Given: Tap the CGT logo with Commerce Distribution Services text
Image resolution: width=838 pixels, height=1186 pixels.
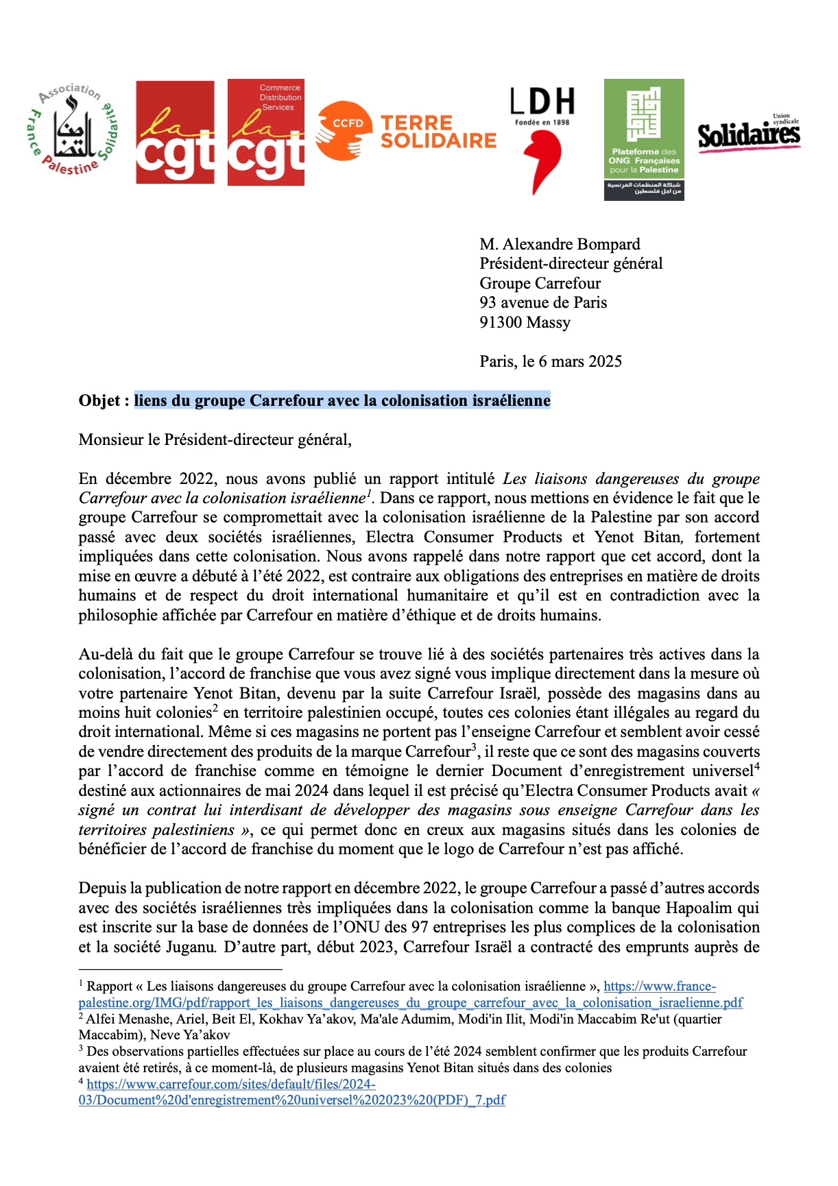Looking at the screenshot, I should click(266, 132).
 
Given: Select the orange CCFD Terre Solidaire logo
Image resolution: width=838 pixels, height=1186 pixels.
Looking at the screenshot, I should click(406, 131).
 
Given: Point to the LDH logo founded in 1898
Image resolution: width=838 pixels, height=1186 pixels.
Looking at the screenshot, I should click(542, 140).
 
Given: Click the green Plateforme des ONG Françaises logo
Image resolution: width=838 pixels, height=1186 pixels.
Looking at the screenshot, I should click(644, 139).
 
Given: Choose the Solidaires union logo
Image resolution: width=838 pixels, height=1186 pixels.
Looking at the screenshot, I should click(749, 134).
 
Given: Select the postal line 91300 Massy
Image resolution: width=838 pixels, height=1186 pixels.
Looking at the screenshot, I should click(525, 322).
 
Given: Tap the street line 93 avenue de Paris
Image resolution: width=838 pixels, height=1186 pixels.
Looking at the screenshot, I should click(543, 302).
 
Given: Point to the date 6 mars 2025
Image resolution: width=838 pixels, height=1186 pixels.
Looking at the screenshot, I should click(580, 361).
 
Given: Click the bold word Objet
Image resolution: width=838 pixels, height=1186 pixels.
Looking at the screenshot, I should click(99, 400).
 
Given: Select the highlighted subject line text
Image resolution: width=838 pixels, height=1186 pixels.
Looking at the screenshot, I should click(342, 400).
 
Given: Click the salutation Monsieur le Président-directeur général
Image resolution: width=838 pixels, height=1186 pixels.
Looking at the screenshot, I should click(215, 439).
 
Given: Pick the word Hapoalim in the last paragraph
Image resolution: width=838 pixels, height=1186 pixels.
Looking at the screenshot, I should click(710, 908).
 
